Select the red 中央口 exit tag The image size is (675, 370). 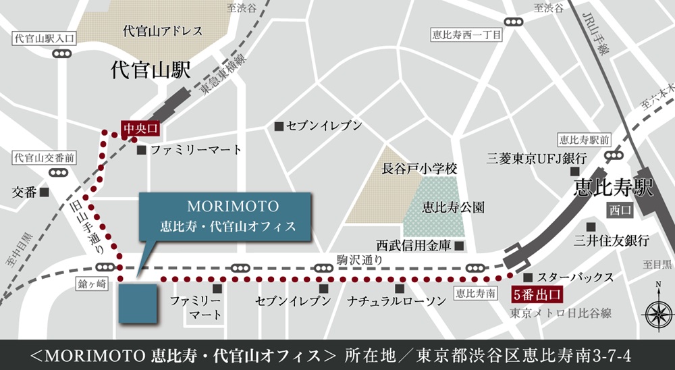tap(140, 127)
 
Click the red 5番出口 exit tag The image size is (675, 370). tap(537, 294)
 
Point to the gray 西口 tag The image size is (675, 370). tap(620, 210)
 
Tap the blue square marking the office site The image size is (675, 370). tap(138, 304)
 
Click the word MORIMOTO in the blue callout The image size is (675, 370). tap(223, 205)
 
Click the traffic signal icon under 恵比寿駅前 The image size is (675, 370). tap(614, 155)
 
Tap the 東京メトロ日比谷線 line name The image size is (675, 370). tap(561, 313)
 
